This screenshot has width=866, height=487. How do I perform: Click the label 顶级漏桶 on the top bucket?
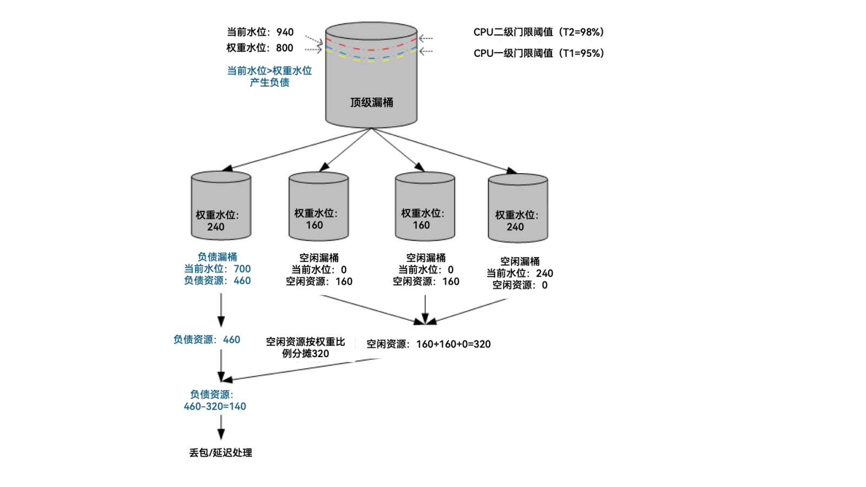[x=371, y=102]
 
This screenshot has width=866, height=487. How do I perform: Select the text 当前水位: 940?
[x=260, y=32]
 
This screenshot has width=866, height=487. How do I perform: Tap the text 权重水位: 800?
[x=260, y=48]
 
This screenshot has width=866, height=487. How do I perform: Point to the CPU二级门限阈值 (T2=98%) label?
[x=538, y=32]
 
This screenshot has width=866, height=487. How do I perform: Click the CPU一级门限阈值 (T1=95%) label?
[x=538, y=53]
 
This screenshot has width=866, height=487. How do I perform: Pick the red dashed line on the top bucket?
[x=371, y=49]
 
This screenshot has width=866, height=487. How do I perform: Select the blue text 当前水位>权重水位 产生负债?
[x=269, y=76]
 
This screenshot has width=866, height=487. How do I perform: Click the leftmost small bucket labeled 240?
[x=221, y=206]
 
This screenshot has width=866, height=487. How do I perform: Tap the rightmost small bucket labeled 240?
[x=517, y=208]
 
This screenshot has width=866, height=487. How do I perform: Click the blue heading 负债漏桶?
[x=217, y=256]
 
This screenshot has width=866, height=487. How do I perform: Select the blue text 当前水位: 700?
[x=217, y=268]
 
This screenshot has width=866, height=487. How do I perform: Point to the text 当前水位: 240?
[x=520, y=273]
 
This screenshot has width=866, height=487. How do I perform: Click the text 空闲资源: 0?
[x=520, y=285]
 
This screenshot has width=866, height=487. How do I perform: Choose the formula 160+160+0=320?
[x=453, y=344]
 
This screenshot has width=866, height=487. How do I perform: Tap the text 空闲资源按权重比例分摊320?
[x=305, y=347]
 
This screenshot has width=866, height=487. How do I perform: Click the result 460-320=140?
[x=215, y=406]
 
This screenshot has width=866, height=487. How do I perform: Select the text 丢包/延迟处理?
[x=220, y=452]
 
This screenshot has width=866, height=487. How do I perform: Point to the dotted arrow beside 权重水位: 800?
[x=313, y=49]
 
